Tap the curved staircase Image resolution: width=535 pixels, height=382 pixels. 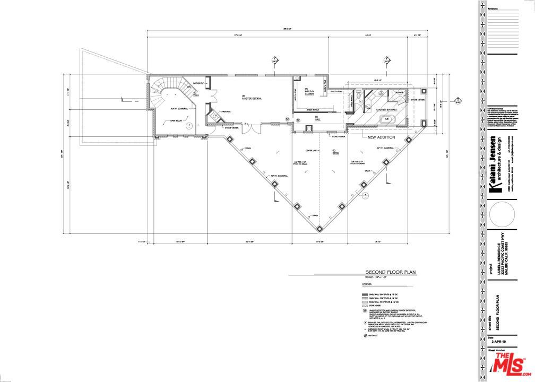(x=168, y=90)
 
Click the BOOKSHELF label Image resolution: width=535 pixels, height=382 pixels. (x=199, y=84)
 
